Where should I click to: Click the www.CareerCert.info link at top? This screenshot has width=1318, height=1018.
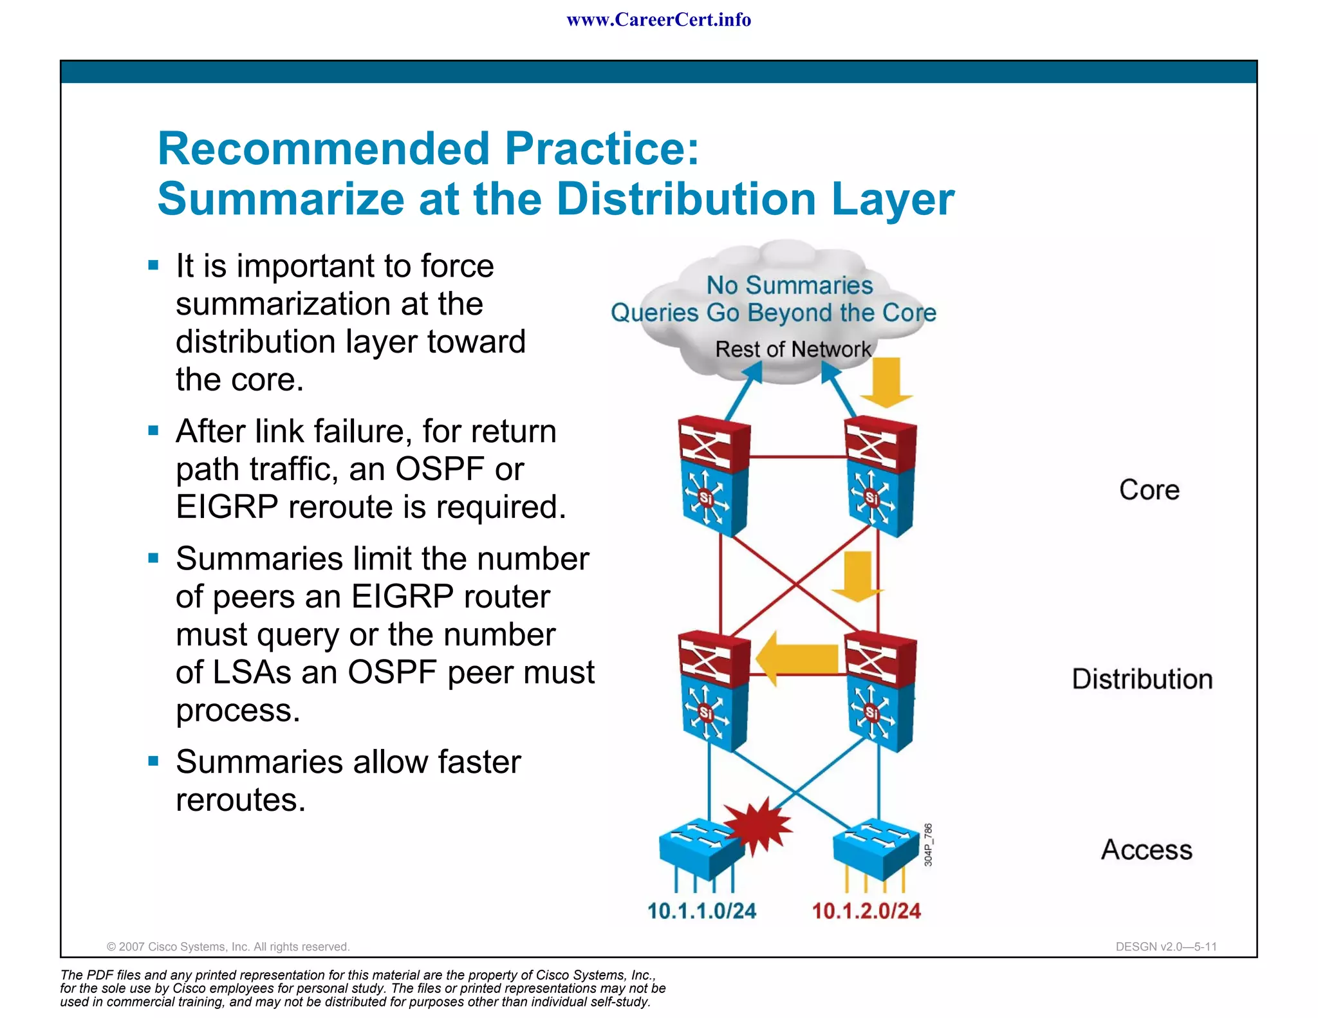point(658,20)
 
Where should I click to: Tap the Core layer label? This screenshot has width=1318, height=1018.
point(1149,490)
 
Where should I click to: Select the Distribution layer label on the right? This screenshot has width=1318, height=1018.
point(1142,680)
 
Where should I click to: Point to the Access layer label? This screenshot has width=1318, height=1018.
point(1146,850)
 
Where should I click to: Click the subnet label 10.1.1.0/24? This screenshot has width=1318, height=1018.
point(701,911)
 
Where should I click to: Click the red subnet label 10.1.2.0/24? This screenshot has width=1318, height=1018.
point(866,911)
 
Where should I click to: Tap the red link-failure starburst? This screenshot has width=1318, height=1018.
point(758,826)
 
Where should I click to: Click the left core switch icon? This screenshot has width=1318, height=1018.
point(714,477)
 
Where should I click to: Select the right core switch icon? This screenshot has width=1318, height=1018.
point(880,477)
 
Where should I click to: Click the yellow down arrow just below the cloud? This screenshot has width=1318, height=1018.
point(886,382)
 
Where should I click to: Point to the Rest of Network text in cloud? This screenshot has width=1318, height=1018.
point(792,349)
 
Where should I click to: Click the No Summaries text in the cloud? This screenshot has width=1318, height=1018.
point(789,285)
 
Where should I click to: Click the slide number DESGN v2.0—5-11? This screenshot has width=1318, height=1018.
point(1165,947)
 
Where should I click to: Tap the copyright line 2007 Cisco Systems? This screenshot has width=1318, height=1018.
point(228,947)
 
